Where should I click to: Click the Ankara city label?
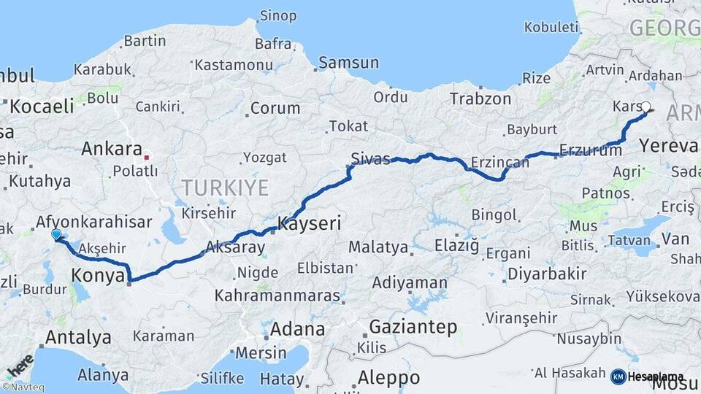coord(112,149)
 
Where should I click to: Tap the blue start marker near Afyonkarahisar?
coord(56,234)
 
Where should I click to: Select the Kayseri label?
coord(310,223)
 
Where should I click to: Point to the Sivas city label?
coord(370,159)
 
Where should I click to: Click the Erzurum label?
coord(590,151)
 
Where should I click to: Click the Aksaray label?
coord(235,247)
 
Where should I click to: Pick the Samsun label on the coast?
coord(349,63)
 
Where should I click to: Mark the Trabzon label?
coord(480,98)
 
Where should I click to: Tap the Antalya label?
coord(78,337)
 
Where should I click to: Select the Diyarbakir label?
coord(545,274)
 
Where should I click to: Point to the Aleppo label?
coord(388,377)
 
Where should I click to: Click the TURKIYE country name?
coord(225,188)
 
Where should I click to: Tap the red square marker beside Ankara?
coord(148,156)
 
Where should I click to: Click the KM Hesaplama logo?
coord(647,376)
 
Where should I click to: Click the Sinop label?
coord(279,15)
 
